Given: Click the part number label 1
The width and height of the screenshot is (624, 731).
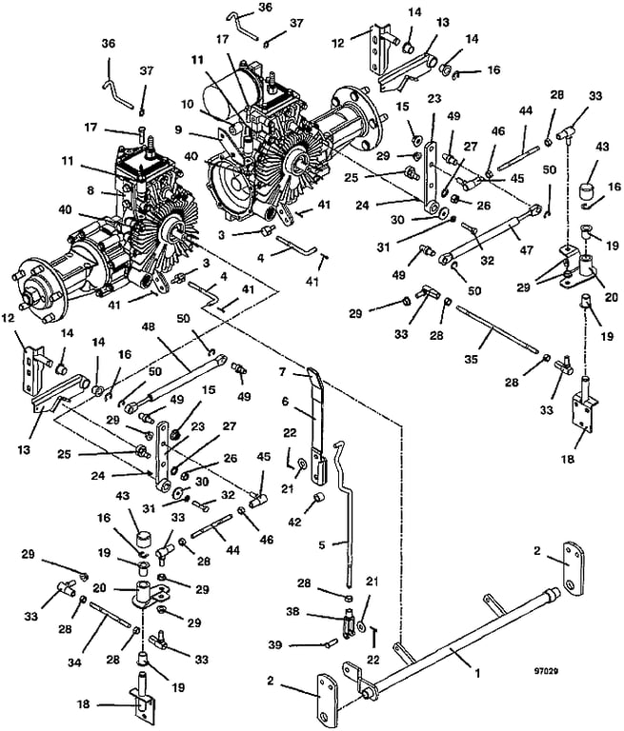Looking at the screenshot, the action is [477, 673].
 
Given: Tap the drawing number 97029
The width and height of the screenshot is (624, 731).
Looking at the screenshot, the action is [548, 671].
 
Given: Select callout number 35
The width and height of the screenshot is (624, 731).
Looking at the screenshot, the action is [472, 360].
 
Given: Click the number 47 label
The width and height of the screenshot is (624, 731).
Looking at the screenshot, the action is [526, 250].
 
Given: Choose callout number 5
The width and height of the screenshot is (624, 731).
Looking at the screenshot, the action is [322, 544].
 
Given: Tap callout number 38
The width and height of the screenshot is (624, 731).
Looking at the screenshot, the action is [292, 611].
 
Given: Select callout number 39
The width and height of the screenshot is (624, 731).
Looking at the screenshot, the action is [275, 644].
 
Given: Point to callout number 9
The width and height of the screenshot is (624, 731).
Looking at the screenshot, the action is [178, 130].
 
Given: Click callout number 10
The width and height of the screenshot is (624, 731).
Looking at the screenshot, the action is [188, 105].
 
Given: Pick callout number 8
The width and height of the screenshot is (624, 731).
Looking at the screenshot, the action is [91, 189].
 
